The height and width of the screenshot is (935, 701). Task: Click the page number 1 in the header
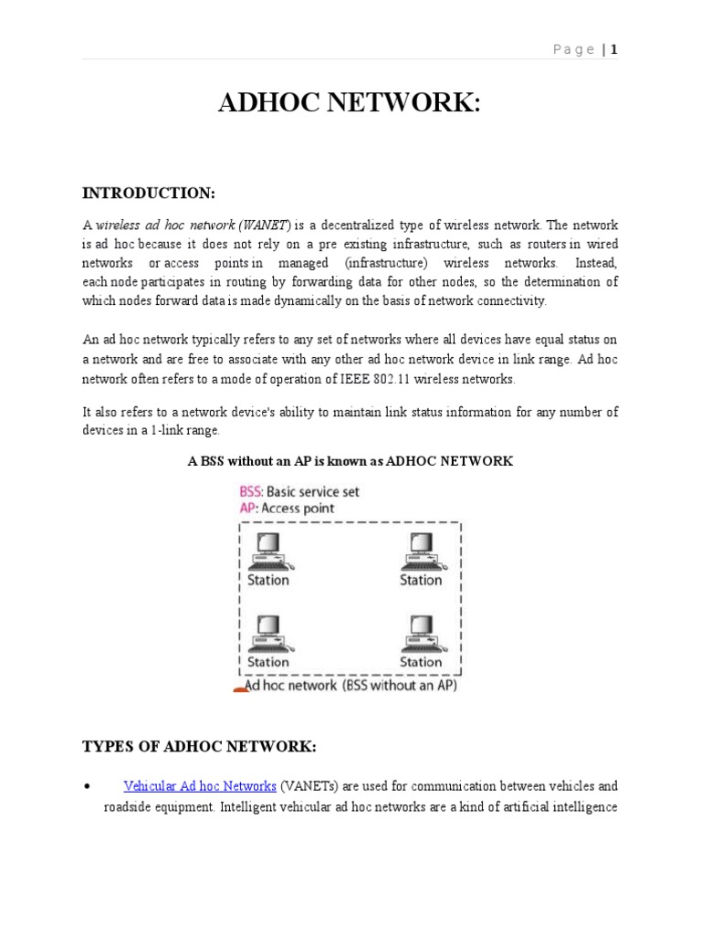(x=615, y=49)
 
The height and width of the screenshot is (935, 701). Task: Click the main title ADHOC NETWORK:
(x=349, y=104)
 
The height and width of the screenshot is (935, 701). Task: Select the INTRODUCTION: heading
(x=149, y=193)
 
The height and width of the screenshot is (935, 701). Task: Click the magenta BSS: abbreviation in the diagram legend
(x=251, y=491)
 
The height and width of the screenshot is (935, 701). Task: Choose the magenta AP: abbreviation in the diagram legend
(x=247, y=508)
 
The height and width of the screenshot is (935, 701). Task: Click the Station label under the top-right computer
(x=421, y=580)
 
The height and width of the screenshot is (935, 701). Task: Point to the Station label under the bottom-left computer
(x=268, y=662)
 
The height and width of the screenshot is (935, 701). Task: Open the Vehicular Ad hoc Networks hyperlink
(x=200, y=786)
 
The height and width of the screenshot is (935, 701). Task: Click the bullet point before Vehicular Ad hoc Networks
(x=86, y=786)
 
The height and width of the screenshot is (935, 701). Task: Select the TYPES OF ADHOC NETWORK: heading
(x=199, y=747)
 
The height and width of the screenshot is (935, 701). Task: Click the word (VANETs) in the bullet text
(x=310, y=786)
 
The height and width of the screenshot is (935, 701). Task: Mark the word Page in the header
(x=574, y=49)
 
